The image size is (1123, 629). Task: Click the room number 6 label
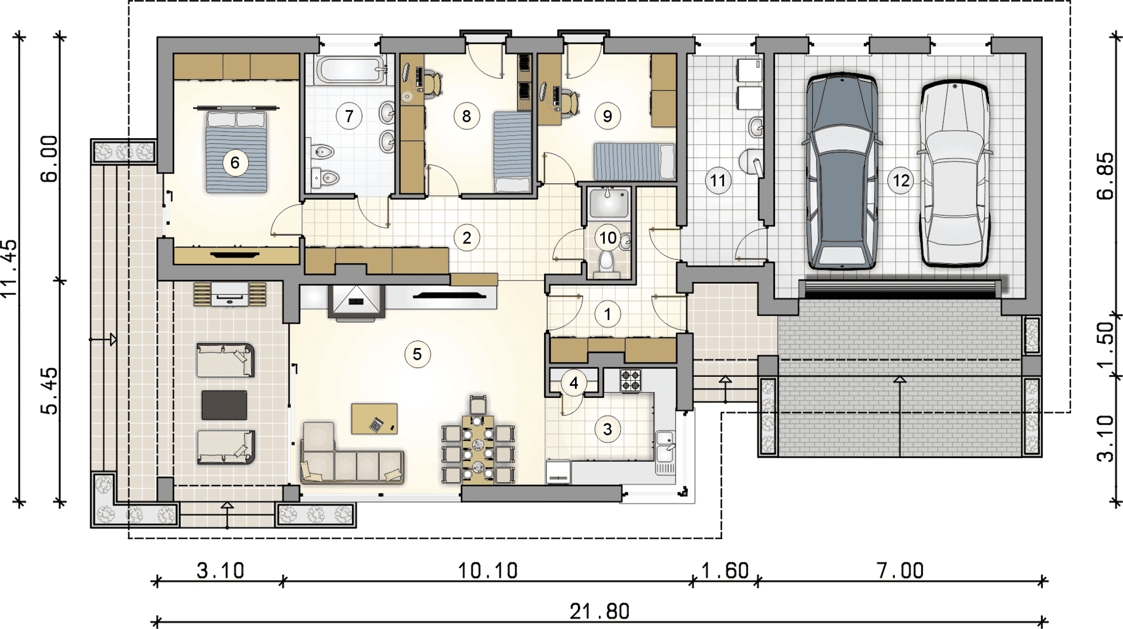click(235, 163)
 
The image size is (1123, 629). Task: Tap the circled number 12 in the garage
click(901, 180)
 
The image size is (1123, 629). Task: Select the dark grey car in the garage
click(842, 171)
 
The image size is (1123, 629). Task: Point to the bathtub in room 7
click(350, 70)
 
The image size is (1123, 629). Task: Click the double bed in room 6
click(236, 151)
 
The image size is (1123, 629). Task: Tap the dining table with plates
click(478, 448)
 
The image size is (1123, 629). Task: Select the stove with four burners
click(631, 380)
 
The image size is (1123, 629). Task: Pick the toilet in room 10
click(607, 263)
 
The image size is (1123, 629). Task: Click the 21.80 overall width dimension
click(600, 611)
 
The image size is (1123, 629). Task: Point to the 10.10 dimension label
click(488, 571)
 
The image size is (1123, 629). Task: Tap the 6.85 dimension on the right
click(1105, 176)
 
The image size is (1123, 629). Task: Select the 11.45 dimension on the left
click(9, 269)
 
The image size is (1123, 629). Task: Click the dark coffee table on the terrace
click(224, 405)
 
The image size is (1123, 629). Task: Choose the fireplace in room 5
click(356, 302)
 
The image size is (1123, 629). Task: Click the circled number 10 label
click(608, 238)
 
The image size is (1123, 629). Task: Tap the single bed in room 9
click(634, 161)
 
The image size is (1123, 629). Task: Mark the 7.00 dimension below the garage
click(900, 570)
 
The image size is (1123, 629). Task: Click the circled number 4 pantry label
click(574, 383)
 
